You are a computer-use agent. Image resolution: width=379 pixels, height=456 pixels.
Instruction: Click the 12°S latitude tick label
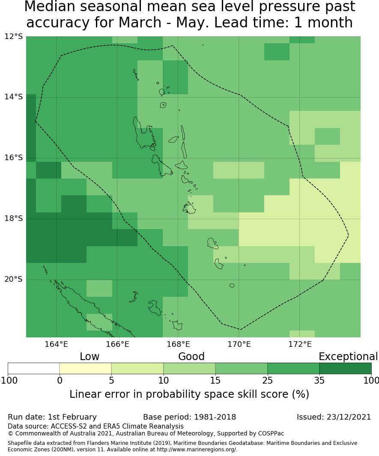[x=13, y=36]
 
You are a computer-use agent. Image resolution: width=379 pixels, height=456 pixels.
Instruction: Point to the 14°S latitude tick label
[x=13, y=97]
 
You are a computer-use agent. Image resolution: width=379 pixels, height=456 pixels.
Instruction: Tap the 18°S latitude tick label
[x=13, y=218]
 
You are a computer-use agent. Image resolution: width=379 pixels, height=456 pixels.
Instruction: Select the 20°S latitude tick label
[x=13, y=279]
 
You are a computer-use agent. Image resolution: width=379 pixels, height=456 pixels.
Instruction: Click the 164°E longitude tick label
[x=56, y=344]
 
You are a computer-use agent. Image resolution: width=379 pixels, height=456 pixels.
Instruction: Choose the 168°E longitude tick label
[x=178, y=344]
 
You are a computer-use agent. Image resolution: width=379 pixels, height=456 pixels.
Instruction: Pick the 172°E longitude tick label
[x=300, y=344]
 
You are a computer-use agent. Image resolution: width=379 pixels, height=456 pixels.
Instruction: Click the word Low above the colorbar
[x=90, y=357]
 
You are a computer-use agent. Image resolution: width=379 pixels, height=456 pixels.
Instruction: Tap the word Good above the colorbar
[x=191, y=357]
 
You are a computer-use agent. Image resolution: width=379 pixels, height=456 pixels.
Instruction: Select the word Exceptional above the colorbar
[x=348, y=357]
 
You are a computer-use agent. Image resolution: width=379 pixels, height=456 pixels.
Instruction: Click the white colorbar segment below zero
[x=33, y=369]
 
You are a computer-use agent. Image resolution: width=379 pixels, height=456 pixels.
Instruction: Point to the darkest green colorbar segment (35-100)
[x=345, y=369]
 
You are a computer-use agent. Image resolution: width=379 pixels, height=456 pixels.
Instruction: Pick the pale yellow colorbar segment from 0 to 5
[x=85, y=369]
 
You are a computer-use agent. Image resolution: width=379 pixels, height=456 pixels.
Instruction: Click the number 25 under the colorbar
[x=268, y=380]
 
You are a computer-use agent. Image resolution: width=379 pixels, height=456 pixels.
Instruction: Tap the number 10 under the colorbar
[x=164, y=380]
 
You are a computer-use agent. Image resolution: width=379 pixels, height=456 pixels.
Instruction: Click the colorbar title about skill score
[x=189, y=394]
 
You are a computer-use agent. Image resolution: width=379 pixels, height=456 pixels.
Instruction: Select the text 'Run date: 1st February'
[x=52, y=417]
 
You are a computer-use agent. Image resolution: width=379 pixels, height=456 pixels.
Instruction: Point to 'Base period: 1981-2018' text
[x=189, y=417]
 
